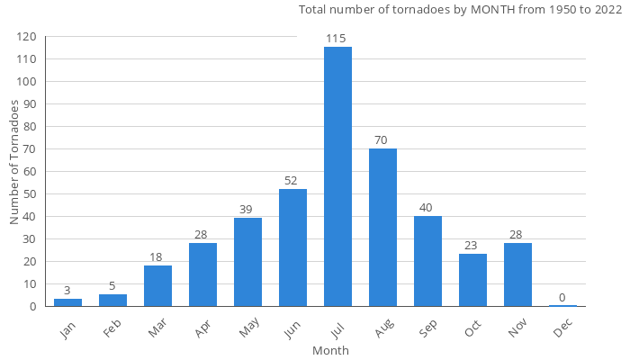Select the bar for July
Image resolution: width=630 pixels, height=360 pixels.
click(337, 176)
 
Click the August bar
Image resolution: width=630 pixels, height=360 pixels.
click(382, 227)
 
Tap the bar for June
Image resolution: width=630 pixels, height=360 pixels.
click(292, 247)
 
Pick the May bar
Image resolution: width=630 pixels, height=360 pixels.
click(247, 262)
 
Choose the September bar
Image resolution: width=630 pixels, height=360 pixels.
click(427, 261)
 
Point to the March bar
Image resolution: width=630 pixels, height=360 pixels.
click(157, 285)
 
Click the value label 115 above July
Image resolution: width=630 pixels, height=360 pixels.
click(337, 39)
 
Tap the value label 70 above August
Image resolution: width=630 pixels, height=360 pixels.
click(382, 140)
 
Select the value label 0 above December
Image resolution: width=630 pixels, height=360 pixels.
click(562, 298)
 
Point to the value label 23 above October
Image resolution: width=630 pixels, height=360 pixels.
click(472, 246)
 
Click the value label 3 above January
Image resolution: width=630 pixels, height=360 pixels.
click(67, 291)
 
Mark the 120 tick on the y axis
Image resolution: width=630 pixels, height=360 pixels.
click(26, 37)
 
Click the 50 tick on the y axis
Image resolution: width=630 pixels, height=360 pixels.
click(30, 194)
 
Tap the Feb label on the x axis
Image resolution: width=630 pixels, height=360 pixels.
click(112, 328)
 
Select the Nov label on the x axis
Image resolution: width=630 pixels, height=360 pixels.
click(516, 328)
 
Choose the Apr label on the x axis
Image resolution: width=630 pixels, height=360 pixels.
click(202, 328)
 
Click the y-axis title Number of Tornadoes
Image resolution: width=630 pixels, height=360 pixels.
click(15, 163)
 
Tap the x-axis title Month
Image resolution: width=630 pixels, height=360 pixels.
click(330, 350)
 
